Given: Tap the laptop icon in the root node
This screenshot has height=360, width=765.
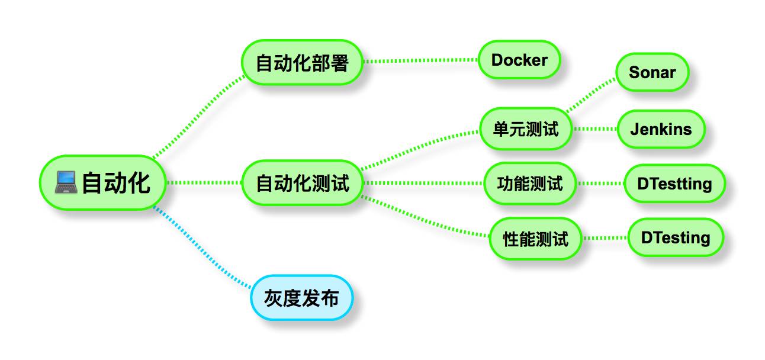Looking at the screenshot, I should pyautogui.click(x=66, y=182).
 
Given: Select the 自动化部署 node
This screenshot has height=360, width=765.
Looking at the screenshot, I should pyautogui.click(x=302, y=62).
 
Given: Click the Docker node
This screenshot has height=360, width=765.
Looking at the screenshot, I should pyautogui.click(x=519, y=60).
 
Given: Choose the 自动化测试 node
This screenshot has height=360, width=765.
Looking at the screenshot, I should pyautogui.click(x=302, y=183).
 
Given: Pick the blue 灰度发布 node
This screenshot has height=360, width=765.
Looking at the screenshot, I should pyautogui.click(x=303, y=298).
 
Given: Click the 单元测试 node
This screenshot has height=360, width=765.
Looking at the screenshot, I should pyautogui.click(x=526, y=128).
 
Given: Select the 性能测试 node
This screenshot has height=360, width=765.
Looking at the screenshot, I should pyautogui.click(x=535, y=239).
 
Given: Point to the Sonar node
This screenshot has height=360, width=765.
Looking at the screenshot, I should pyautogui.click(x=652, y=72).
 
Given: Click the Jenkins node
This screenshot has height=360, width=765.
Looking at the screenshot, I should pyautogui.click(x=661, y=128).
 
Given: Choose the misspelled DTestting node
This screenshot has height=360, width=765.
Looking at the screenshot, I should pyautogui.click(x=674, y=184).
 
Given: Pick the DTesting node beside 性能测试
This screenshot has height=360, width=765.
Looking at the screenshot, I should pyautogui.click(x=675, y=237).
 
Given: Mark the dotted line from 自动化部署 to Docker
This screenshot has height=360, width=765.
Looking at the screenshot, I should pyautogui.click(x=420, y=60).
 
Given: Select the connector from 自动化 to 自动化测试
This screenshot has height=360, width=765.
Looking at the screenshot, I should pyautogui.click(x=204, y=183).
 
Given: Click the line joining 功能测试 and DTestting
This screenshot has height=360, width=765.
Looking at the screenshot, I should pyautogui.click(x=601, y=184).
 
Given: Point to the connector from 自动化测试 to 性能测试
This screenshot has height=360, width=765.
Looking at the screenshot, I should pyautogui.click(x=426, y=220).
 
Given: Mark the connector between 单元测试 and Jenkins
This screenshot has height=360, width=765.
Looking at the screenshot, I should pyautogui.click(x=595, y=128).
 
